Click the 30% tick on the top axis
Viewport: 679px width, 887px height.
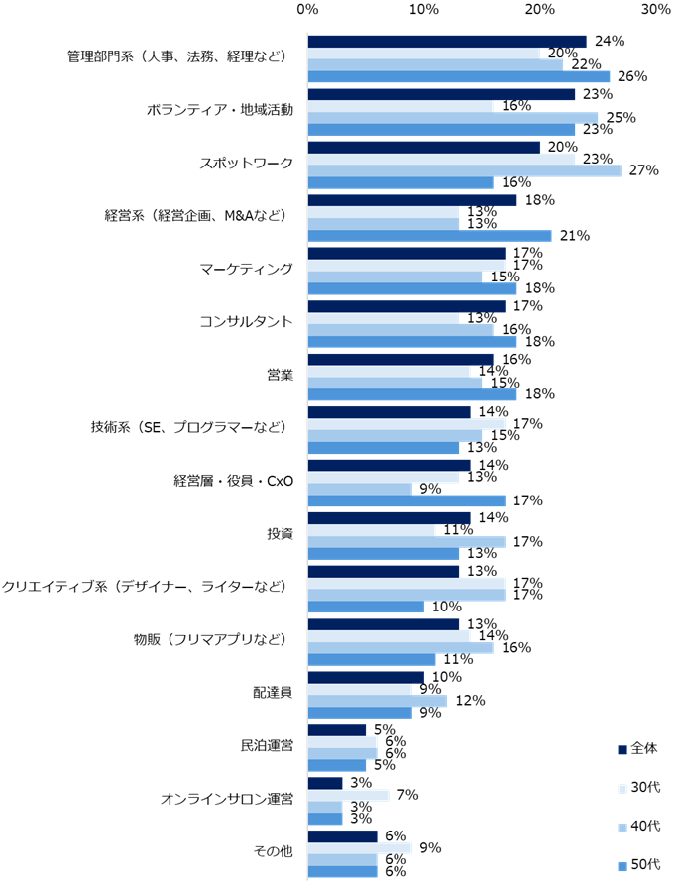pos(655,9)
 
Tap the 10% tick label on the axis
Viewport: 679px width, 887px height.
pos(424,9)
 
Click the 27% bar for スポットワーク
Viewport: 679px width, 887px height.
pos(464,170)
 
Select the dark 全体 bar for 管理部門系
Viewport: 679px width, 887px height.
pos(447,42)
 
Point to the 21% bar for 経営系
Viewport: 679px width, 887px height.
pos(429,235)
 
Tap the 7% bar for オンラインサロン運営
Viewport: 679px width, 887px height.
pos(348,795)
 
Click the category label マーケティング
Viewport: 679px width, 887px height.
pos(247,268)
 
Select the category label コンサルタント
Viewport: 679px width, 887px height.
pos(247,321)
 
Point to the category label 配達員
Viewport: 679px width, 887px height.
pos(273,692)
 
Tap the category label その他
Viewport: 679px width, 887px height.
pos(273,851)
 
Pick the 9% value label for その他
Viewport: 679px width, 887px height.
pos(428,848)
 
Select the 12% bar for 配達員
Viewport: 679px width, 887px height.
pos(378,701)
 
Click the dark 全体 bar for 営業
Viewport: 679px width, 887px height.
pos(400,359)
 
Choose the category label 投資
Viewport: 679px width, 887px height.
pos(280,533)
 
